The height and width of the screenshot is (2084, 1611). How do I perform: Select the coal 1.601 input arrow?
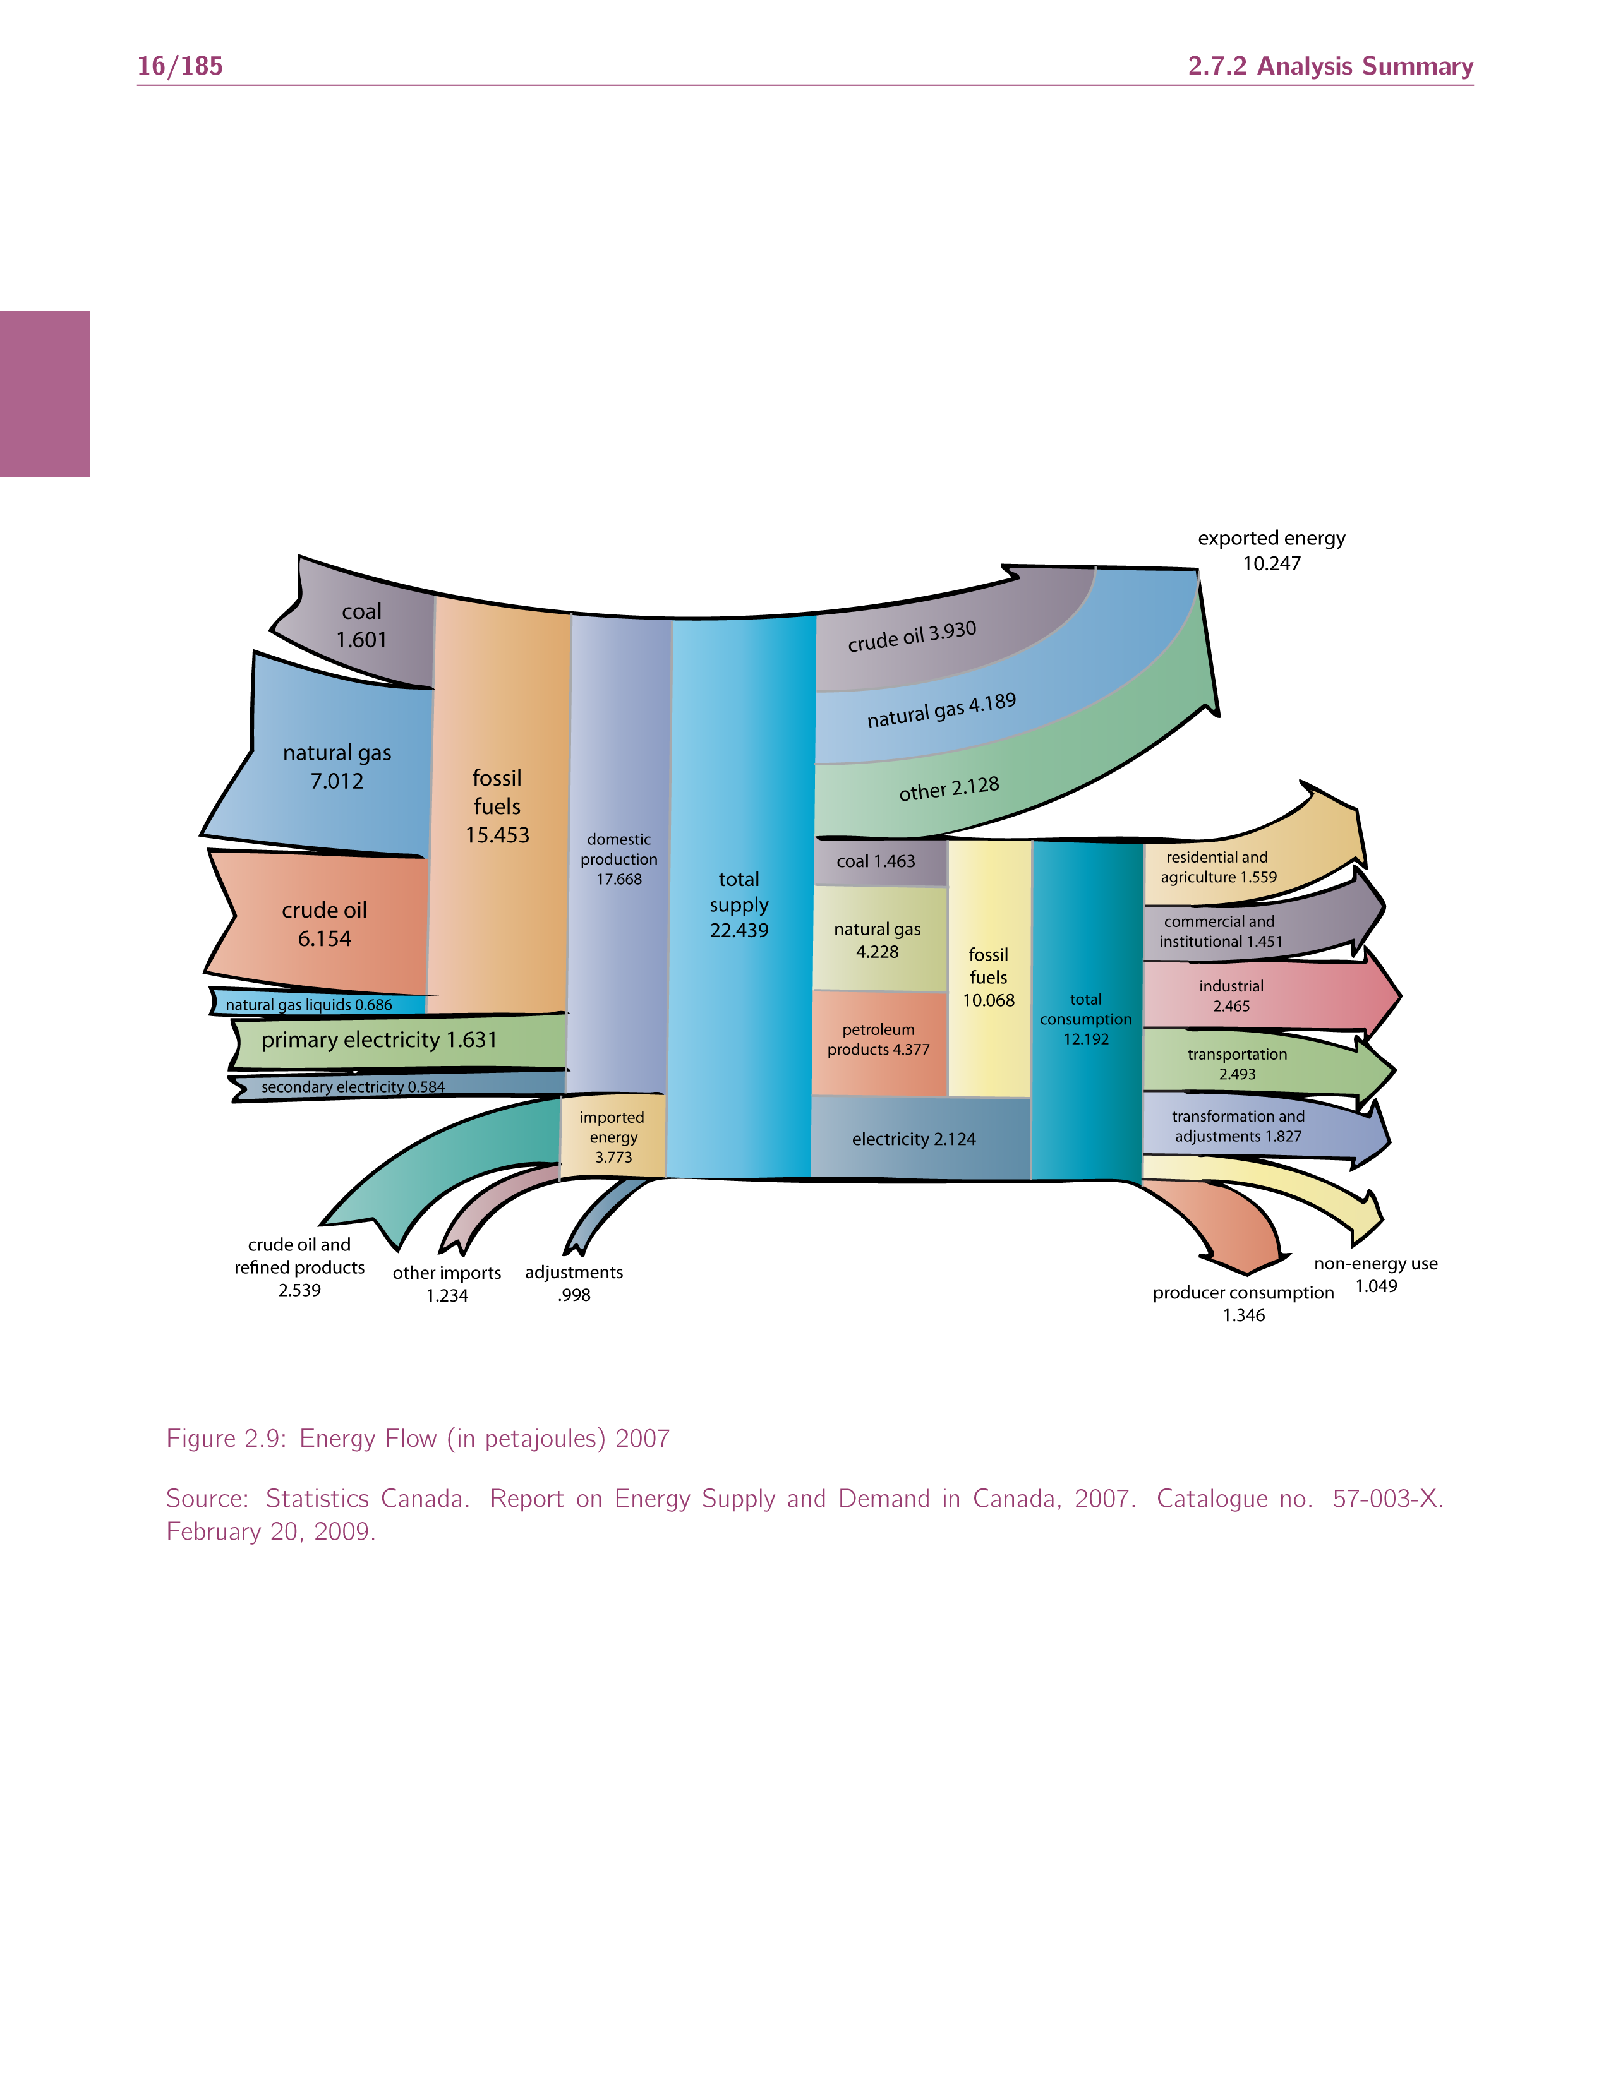tap(361, 626)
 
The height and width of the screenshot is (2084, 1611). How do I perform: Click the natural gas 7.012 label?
tap(337, 766)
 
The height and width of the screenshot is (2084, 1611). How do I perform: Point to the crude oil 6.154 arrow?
tap(323, 924)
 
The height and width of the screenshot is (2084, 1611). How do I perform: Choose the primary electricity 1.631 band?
tap(379, 1040)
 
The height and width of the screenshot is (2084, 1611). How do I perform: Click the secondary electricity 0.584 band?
tap(353, 1087)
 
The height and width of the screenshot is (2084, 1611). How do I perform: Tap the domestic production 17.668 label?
tap(618, 859)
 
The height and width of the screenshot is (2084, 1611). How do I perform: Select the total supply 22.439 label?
tap(739, 904)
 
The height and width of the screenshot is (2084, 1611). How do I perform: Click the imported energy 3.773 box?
tap(613, 1137)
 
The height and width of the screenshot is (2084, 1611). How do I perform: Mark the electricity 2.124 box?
tap(914, 1139)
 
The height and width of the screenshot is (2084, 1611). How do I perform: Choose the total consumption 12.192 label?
tap(1085, 1019)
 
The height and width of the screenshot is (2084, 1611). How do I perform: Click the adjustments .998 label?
tap(574, 1283)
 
